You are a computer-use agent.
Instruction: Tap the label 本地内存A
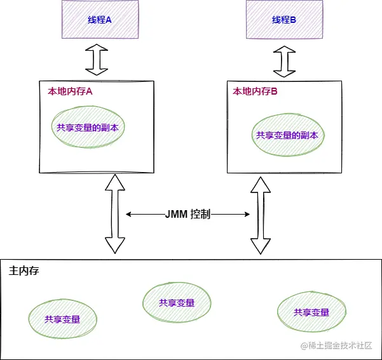70,91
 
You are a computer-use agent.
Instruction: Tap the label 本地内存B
255,91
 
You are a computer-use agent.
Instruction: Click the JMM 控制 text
188,215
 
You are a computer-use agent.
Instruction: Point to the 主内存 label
24,271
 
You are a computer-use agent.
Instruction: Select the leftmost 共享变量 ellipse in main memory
62,319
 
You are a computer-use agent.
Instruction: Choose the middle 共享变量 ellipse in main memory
177,302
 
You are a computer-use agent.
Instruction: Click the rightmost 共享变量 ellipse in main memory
311,312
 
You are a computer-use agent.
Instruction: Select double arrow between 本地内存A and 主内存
115,214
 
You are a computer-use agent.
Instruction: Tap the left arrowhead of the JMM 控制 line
129,215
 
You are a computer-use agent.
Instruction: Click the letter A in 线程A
108,20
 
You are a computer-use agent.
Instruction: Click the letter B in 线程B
294,20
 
